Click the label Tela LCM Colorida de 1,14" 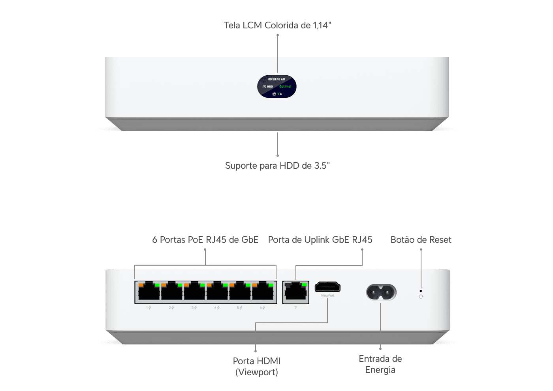277,25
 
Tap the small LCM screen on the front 277,86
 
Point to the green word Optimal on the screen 285,86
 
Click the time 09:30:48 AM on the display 276,79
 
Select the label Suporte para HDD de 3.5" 277,166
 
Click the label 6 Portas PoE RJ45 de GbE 205,240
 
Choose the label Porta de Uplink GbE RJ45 320,240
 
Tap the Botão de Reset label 421,240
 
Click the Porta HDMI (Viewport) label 257,367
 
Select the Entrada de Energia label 380,364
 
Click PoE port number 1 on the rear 149,292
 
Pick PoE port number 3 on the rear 194,292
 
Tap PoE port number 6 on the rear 263,292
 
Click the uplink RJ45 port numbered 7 296,292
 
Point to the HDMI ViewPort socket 327,287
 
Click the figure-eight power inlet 381,292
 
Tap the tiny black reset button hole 421,291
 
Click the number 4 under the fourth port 216,307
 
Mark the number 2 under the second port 170,307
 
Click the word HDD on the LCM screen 270,86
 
